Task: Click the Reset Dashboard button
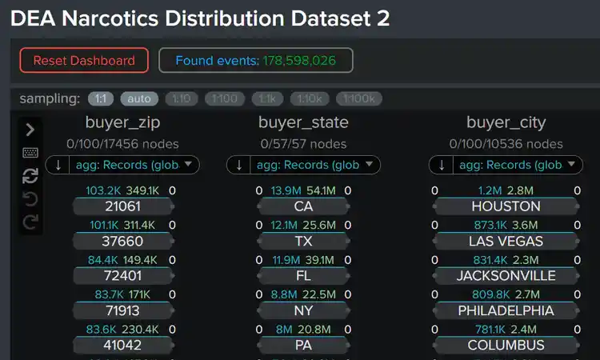click(84, 61)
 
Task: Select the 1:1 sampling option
click(100, 99)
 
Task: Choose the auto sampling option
click(139, 99)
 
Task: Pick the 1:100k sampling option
click(358, 99)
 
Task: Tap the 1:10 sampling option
click(181, 99)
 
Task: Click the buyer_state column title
click(303, 122)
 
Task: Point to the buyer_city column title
click(506, 122)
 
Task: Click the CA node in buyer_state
click(303, 206)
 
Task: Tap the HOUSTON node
click(506, 206)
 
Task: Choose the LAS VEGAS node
click(506, 241)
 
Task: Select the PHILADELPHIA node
click(506, 310)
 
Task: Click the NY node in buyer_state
click(303, 310)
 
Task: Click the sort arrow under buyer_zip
click(58, 166)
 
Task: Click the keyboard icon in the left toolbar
click(30, 153)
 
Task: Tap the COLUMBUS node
click(506, 345)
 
